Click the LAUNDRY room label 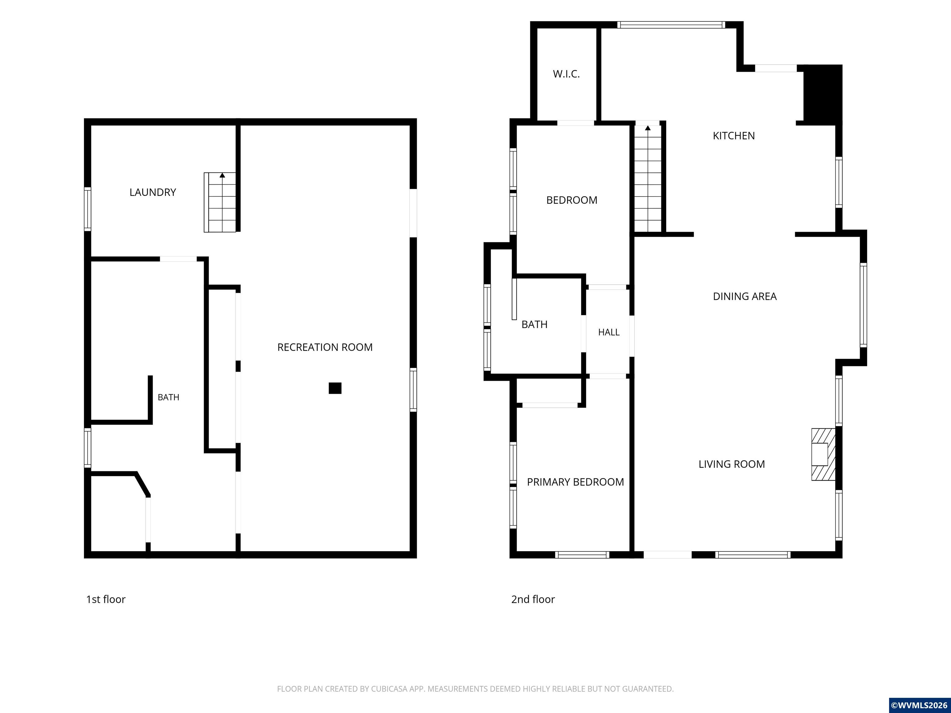click(153, 192)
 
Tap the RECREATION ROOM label click(325, 347)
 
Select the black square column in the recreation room click(335, 388)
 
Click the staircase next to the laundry click(220, 202)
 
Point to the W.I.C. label click(566, 74)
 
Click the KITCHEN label click(733, 136)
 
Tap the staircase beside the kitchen click(648, 178)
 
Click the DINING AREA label click(745, 296)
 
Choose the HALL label click(609, 332)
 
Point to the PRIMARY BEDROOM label click(575, 482)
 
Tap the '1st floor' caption click(106, 599)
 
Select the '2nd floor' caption click(533, 599)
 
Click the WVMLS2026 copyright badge click(920, 705)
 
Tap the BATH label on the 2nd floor click(534, 325)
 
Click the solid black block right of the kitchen click(823, 95)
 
